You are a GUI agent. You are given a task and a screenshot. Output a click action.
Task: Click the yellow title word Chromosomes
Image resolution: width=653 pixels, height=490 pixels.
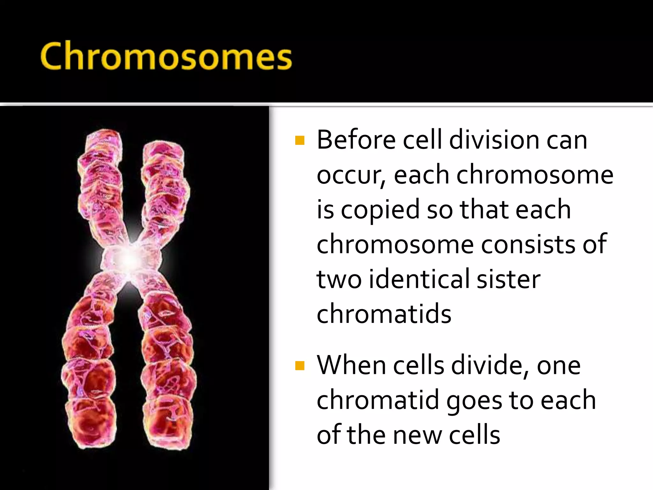point(166,57)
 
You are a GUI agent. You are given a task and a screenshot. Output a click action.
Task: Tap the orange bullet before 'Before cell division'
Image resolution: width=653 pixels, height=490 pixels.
point(300,140)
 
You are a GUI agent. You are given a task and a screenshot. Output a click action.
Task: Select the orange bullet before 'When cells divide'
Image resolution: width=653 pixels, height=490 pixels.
point(300,366)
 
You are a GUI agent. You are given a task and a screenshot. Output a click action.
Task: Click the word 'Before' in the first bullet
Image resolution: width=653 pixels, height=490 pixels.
point(356,140)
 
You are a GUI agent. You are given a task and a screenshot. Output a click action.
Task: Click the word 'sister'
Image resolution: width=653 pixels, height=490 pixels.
point(508,279)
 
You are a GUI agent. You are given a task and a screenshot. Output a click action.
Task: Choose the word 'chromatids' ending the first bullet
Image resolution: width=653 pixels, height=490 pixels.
point(384,315)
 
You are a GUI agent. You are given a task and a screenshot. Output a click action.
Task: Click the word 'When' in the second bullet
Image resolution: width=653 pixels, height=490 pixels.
point(351,366)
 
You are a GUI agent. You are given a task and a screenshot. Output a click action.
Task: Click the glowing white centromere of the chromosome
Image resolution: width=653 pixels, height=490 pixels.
point(130,259)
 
